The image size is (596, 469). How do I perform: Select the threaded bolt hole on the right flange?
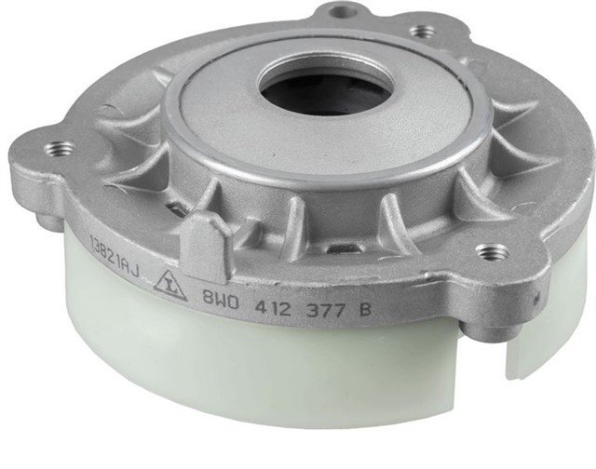tap(491, 252)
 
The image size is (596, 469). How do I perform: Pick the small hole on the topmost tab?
tap(344, 12)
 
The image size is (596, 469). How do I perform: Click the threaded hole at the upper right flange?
tap(423, 31)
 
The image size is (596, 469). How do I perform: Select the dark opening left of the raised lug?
tap(173, 209)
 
